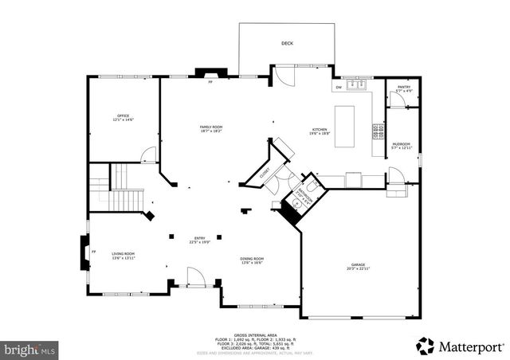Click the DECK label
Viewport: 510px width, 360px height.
pos(286,43)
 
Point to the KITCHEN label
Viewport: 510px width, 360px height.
pos(320,131)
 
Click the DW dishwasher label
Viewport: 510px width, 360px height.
pos(339,87)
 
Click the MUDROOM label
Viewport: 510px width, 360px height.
pos(401,146)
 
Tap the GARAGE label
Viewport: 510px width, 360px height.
pos(358,267)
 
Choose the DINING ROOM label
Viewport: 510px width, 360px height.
pos(252,260)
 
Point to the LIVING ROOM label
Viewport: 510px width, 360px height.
pos(123,256)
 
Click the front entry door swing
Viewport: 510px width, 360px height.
pos(193,276)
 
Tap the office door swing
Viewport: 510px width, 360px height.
pos(147,155)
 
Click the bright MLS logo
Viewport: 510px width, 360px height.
pos(29,349)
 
